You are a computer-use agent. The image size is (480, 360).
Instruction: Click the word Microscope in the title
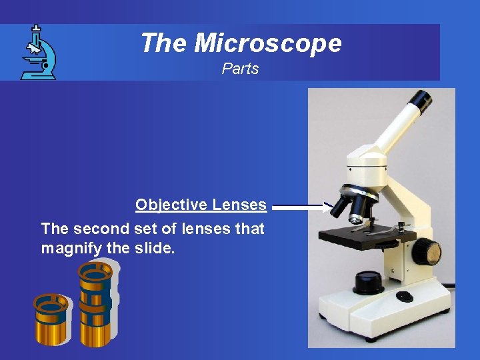pos(268,43)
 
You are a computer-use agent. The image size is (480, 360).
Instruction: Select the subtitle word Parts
pos(240,69)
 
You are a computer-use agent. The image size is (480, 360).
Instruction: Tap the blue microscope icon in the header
pos(38,53)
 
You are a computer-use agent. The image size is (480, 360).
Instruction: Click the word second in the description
pos(101,229)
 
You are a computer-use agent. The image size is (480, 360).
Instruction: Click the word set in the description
pos(149,229)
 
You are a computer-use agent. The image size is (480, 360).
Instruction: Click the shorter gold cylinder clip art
pos(51,319)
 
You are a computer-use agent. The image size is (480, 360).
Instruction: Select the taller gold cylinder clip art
pos(95,303)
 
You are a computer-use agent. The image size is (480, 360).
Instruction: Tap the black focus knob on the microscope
pos(426,253)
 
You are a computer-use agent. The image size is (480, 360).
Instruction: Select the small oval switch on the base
pos(404,296)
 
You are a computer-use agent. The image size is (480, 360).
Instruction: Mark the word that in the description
pos(250,229)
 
